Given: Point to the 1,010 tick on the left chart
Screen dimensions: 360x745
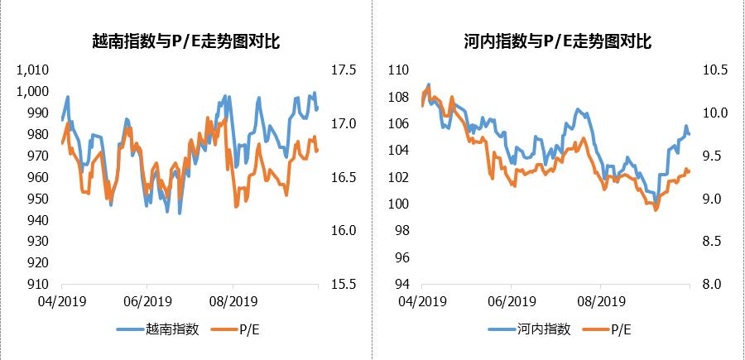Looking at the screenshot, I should coord(33,70).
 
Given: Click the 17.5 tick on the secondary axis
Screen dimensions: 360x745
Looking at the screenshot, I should coord(344,70).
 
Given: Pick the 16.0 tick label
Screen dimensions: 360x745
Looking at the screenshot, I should coord(344,231).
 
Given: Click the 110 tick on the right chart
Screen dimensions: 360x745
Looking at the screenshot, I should coord(398,70).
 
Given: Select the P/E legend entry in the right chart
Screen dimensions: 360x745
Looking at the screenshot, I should coord(622,329).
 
